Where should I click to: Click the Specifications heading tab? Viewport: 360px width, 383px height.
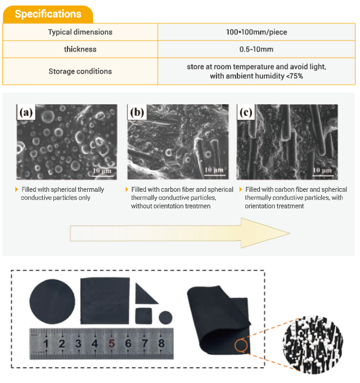[48, 14]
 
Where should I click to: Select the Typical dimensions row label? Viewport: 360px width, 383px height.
[80, 32]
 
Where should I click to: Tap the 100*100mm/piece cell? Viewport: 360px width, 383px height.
[256, 32]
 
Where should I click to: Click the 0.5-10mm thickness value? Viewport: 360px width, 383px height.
[256, 50]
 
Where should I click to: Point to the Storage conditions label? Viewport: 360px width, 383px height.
[80, 71]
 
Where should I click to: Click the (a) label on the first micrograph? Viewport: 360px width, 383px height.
[26, 112]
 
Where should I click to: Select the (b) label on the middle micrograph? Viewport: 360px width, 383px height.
[137, 112]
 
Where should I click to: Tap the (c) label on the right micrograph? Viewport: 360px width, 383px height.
[246, 112]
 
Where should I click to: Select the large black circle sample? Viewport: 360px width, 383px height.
[52, 301]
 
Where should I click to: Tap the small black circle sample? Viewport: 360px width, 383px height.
[166, 317]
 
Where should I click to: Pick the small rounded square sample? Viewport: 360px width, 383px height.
[144, 316]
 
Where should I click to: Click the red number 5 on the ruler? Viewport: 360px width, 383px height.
[112, 343]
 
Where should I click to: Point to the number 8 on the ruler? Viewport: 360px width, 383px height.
[161, 343]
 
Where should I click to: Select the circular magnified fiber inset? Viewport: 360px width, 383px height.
[313, 345]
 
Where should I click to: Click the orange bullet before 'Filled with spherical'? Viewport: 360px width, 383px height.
[17, 189]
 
